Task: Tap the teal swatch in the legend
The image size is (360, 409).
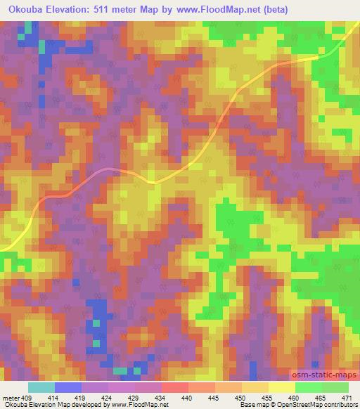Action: pos(41,387)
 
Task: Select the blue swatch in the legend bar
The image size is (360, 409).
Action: pos(68,387)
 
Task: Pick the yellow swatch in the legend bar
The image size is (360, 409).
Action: pos(282,387)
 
